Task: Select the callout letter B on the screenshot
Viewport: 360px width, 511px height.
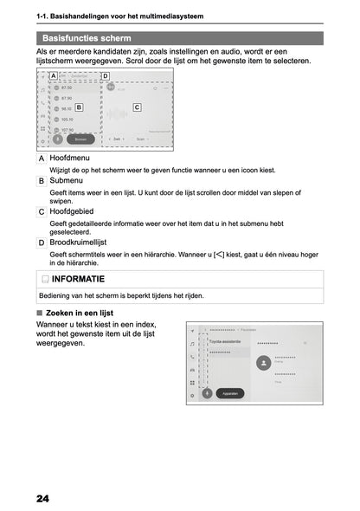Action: point(79,107)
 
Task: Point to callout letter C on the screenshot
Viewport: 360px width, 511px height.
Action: point(137,107)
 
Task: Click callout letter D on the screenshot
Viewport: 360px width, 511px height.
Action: point(106,76)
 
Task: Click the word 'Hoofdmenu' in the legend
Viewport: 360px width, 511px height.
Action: point(72,159)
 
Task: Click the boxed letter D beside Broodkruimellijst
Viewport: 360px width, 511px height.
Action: point(42,243)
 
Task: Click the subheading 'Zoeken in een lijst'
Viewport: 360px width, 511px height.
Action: point(80,312)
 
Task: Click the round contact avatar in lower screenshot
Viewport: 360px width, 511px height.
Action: point(262,365)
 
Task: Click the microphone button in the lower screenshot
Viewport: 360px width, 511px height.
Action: point(207,392)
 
